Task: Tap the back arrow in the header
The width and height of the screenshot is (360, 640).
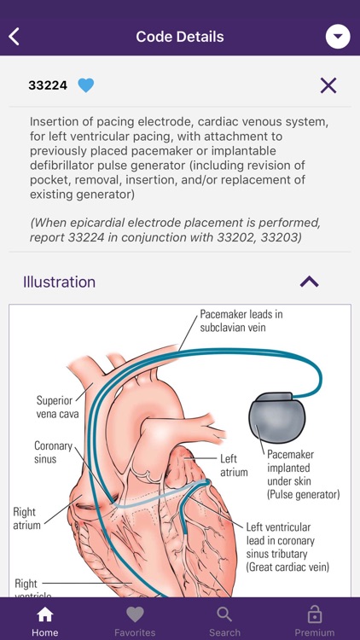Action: [14, 37]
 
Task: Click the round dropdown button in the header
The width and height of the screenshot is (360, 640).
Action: [338, 37]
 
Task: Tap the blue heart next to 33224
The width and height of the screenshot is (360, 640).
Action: [85, 85]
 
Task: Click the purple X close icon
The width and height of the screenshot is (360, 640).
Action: [328, 85]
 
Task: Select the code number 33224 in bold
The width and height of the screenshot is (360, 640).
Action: [48, 85]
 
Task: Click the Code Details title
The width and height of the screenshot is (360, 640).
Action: [180, 37]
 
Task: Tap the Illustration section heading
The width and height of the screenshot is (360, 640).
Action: [59, 282]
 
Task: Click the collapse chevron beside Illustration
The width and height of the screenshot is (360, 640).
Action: [310, 282]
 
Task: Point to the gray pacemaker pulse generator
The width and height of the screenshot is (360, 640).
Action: [276, 417]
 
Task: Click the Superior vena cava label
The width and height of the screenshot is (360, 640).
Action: [57, 407]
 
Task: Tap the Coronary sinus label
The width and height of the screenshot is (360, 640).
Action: [53, 451]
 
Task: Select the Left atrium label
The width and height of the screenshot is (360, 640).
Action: [234, 465]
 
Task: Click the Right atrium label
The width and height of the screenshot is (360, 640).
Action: [27, 518]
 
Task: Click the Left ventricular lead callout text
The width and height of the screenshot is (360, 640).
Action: [287, 547]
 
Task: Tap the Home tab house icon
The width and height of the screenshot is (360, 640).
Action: [45, 614]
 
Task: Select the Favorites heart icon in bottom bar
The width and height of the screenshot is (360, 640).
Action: [135, 614]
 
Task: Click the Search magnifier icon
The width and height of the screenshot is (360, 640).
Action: [224, 614]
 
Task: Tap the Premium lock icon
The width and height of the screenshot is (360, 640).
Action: [314, 614]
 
